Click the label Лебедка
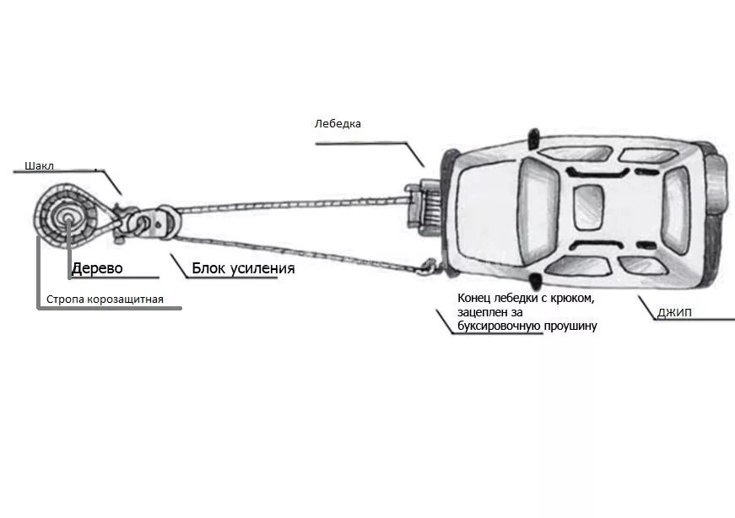pyautogui.click(x=338, y=123)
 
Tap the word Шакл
pyautogui.click(x=40, y=165)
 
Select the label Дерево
pyautogui.click(x=97, y=268)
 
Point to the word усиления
pyautogui.click(x=264, y=268)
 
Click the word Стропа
pyautogui.click(x=66, y=299)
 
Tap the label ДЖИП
pyautogui.click(x=674, y=313)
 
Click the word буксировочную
pyautogui.click(x=500, y=325)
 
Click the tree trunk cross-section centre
pyautogui.click(x=66, y=218)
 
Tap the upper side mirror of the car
pyautogui.click(x=532, y=136)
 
